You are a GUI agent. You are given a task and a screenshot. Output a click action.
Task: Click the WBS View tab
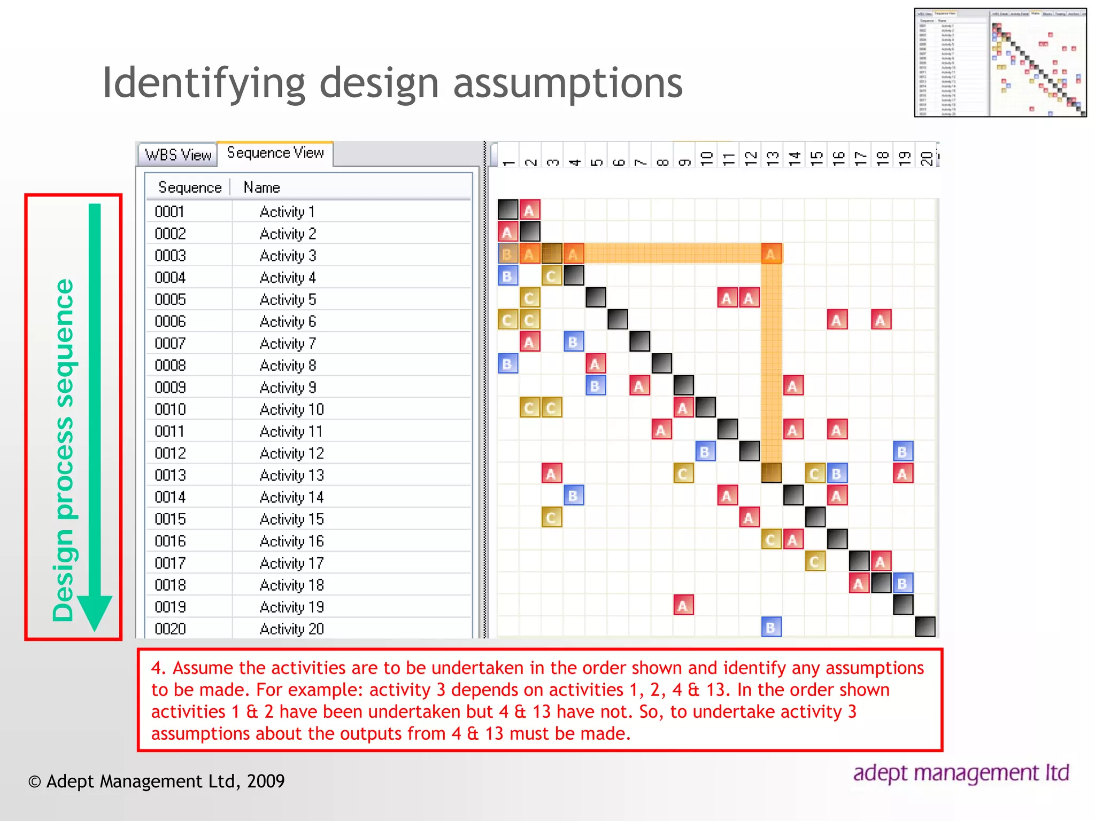pos(178,155)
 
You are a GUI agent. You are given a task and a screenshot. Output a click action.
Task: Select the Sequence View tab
pos(275,153)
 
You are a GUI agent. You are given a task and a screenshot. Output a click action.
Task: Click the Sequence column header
pos(189,188)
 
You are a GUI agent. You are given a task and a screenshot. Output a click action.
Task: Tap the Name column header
pos(261,188)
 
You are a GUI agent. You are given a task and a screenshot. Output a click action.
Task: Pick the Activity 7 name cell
pos(288,344)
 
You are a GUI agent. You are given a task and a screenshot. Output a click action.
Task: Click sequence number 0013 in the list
pos(170,475)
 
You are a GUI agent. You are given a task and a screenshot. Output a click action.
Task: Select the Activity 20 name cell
pos(291,629)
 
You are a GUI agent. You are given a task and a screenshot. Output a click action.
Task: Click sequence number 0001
pos(169,212)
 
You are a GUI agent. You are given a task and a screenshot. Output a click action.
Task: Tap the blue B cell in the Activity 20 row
pos(771,627)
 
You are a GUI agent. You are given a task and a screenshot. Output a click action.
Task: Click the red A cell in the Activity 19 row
pos(683,605)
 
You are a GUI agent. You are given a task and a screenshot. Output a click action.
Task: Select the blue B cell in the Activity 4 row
pos(507,276)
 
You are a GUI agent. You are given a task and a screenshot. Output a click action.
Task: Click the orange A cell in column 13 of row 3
pos(771,254)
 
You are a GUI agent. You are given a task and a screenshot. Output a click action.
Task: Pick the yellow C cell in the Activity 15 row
pos(551,517)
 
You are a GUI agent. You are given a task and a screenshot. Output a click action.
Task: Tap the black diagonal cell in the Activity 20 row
pos(925,627)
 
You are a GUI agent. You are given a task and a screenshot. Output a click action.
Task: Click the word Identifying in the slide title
pos(203,83)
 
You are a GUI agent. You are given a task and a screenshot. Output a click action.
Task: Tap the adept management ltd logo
pos(961,773)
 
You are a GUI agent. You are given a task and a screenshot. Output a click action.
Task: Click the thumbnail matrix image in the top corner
pos(1000,63)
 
